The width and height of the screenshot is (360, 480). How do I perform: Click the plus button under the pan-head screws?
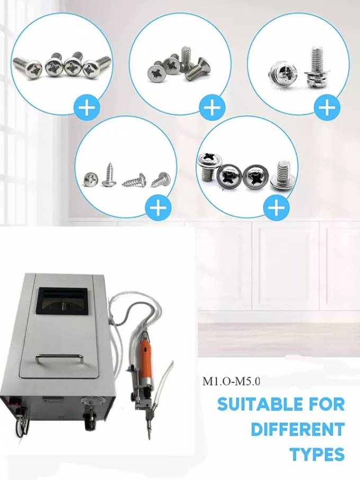click(88, 109)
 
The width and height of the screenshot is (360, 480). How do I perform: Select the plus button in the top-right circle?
click(328, 108)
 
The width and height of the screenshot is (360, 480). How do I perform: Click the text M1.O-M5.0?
click(231, 380)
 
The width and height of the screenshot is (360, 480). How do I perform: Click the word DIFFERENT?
click(298, 429)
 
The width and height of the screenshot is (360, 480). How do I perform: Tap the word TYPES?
click(317, 454)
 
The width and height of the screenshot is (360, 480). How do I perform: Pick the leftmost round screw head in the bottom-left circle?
click(90, 179)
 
